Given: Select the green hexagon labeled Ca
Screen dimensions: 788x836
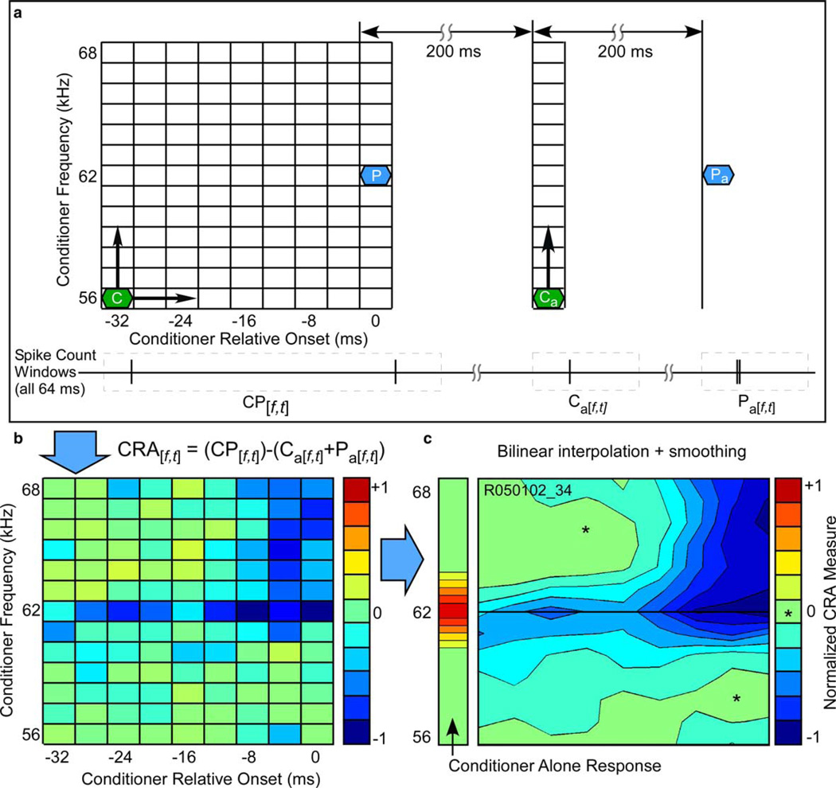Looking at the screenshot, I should (549, 298).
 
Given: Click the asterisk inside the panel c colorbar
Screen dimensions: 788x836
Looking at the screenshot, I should (787, 614).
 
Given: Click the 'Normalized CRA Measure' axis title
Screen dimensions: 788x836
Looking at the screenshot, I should (826, 612).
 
